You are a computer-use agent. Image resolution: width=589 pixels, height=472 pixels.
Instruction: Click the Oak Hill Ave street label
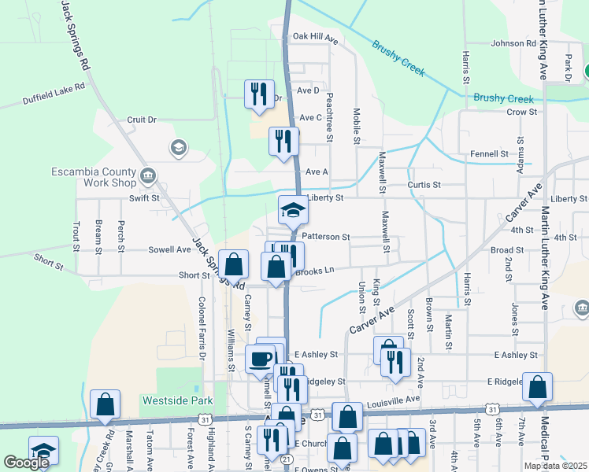click(315, 37)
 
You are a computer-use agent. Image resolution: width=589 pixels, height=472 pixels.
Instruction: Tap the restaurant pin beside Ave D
click(258, 94)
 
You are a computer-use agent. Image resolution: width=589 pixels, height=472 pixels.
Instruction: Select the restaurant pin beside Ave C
click(283, 141)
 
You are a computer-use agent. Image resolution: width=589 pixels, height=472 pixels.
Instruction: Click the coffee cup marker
click(260, 359)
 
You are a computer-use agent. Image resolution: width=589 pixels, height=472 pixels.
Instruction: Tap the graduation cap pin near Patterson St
click(293, 210)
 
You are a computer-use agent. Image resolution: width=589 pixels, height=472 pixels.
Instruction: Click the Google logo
click(26, 463)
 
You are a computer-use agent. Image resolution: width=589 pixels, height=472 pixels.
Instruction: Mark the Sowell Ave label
click(169, 249)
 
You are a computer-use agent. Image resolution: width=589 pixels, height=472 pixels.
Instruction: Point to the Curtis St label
click(424, 185)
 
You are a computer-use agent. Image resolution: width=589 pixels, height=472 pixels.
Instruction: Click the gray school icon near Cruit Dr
click(178, 147)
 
